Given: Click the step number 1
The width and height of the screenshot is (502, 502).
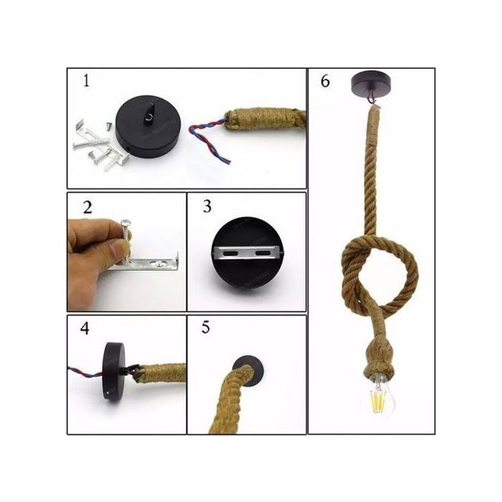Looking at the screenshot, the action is point(86,80).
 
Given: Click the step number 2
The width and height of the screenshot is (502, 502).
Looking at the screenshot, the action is point(87,207).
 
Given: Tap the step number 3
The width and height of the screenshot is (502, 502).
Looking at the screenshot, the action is point(207,207).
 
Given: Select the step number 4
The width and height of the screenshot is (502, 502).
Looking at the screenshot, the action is point(85,328).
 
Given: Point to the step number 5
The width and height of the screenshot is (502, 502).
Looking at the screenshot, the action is point(206,328).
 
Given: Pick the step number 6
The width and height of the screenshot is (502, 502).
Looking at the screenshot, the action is point(326,81).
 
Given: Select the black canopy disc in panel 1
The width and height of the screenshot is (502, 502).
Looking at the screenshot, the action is point(148,127).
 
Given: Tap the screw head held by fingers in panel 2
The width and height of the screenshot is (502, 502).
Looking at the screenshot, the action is point(126,222).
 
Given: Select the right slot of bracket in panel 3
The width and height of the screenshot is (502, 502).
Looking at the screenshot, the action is point(262,253).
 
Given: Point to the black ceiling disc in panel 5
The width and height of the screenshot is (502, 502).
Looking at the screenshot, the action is point(248,371).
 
